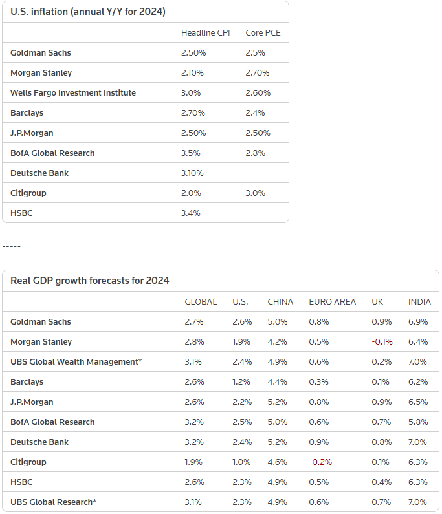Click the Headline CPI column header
click(201, 32)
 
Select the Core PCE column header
click(263, 32)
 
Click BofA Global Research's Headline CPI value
click(192, 153)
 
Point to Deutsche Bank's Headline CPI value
click(193, 173)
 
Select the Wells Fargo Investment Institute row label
click(73, 93)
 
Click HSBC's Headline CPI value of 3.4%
click(192, 213)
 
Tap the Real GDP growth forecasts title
click(90, 281)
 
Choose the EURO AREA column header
click(333, 302)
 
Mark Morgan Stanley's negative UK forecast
click(382, 342)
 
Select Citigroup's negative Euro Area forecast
click(320, 462)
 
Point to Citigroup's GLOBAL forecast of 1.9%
click(194, 462)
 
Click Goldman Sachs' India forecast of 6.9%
click(418, 322)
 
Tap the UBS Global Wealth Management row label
click(76, 362)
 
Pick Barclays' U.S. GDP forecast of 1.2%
click(242, 382)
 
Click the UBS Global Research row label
click(54, 502)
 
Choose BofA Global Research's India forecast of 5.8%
click(418, 422)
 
